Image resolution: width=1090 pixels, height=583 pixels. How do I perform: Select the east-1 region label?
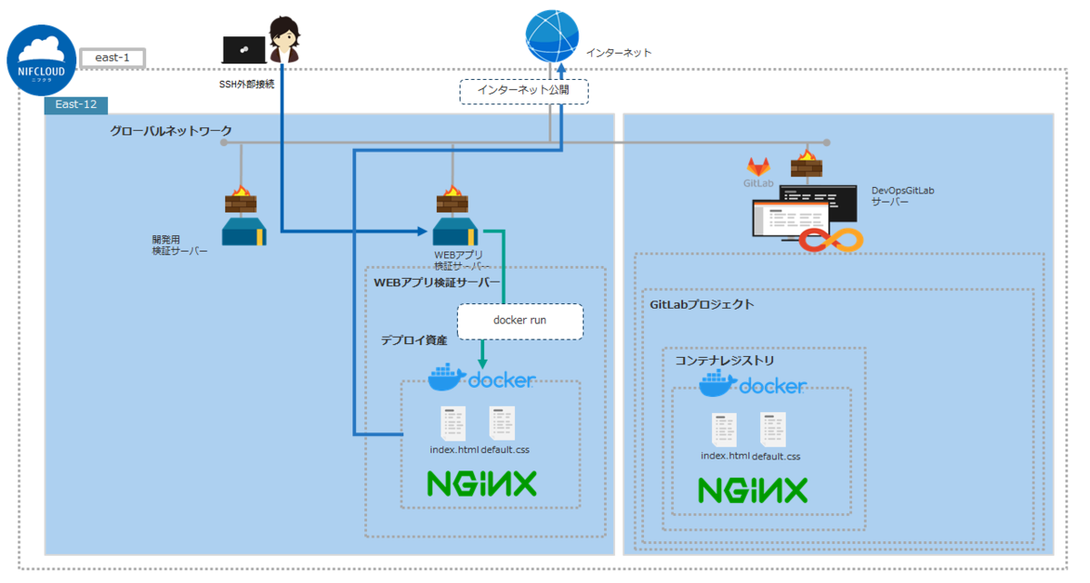pyautogui.click(x=113, y=58)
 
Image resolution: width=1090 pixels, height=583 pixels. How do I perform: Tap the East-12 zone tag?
pyautogui.click(x=76, y=104)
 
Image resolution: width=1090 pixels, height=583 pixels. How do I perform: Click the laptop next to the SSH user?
pyautogui.click(x=244, y=49)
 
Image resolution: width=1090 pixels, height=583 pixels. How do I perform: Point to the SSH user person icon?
pyautogui.click(x=284, y=42)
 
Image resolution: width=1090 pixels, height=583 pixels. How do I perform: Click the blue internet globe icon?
pyautogui.click(x=551, y=35)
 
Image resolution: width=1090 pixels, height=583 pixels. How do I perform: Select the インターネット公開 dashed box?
pyautogui.click(x=524, y=91)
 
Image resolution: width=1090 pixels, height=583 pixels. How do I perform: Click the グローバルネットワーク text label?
pyautogui.click(x=171, y=131)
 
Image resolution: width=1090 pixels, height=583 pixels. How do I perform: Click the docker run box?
pyautogui.click(x=520, y=321)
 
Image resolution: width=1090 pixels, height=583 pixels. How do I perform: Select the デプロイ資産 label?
pyautogui.click(x=413, y=340)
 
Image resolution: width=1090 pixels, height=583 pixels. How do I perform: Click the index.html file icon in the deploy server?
pyautogui.click(x=453, y=423)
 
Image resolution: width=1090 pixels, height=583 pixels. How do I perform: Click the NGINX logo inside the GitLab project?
pyautogui.click(x=752, y=490)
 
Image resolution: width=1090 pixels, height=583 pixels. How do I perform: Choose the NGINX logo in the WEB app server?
pyautogui.click(x=482, y=483)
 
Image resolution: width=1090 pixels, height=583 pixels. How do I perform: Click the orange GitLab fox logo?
pyautogui.click(x=758, y=166)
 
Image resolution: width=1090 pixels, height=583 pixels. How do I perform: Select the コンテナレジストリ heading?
pyautogui.click(x=724, y=361)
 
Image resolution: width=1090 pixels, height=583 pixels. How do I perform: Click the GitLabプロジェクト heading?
pyautogui.click(x=701, y=304)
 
